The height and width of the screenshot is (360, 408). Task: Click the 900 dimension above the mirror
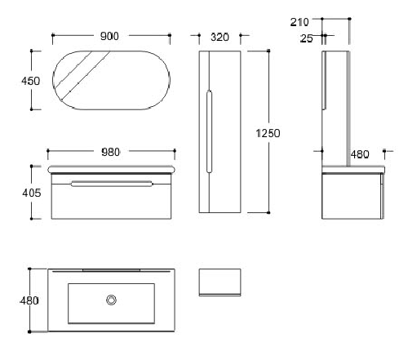pyautogui.click(x=109, y=36)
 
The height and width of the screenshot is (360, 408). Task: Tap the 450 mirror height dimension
pyautogui.click(x=31, y=81)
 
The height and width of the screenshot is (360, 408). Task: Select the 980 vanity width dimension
pyautogui.click(x=111, y=152)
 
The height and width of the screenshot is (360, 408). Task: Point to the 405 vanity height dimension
pyautogui.click(x=32, y=193)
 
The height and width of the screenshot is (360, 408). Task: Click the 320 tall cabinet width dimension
pyautogui.click(x=220, y=37)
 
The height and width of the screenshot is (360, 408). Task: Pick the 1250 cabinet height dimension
pyautogui.click(x=268, y=133)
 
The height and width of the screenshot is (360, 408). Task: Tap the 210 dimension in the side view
pyautogui.click(x=299, y=22)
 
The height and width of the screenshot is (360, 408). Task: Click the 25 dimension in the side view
pyautogui.click(x=307, y=38)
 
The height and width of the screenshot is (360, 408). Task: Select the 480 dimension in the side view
pyautogui.click(x=360, y=154)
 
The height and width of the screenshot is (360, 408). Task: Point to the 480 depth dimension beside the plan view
pyautogui.click(x=29, y=300)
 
